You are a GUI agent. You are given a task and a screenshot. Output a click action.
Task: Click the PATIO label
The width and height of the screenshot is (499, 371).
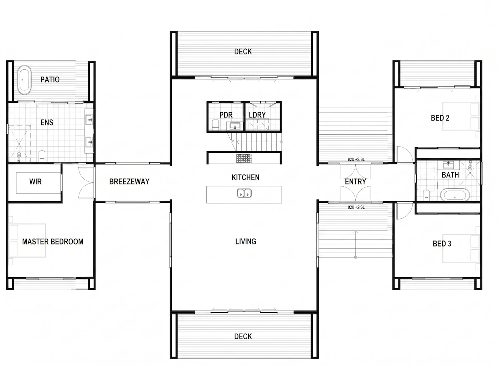(50, 80)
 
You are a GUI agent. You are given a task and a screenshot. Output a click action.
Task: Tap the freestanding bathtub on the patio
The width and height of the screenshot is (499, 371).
(24, 80)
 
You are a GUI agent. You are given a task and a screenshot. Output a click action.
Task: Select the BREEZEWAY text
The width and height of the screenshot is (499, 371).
(129, 181)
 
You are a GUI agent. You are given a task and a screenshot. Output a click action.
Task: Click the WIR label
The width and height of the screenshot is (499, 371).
(36, 181)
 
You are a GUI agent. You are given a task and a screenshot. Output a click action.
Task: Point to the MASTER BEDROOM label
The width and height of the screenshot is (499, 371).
(53, 242)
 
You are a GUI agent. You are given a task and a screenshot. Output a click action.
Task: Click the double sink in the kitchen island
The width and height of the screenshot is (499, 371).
(244, 193)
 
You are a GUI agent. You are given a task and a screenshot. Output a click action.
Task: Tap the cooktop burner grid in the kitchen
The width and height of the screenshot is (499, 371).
(244, 158)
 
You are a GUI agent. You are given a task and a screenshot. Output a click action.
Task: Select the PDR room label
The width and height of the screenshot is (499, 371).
(226, 115)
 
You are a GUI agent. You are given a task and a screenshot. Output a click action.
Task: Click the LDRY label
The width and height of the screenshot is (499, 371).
(257, 115)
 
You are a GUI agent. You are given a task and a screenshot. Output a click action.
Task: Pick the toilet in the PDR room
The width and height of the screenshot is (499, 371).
(215, 124)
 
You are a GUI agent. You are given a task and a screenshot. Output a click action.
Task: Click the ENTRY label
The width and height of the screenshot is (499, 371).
(355, 182)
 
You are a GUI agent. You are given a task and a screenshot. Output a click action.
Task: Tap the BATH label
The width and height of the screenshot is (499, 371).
(450, 175)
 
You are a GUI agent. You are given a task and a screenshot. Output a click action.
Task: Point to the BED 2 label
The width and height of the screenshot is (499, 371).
(440, 118)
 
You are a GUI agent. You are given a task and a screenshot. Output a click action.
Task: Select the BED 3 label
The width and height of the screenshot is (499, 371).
(442, 244)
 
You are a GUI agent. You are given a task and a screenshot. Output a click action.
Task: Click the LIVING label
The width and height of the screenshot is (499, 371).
(246, 242)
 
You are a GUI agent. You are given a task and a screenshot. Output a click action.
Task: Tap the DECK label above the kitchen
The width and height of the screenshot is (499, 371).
(243, 52)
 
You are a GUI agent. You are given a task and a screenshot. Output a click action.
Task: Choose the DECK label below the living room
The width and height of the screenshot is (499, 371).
(243, 336)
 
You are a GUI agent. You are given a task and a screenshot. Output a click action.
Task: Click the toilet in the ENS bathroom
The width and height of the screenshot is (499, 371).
(42, 156)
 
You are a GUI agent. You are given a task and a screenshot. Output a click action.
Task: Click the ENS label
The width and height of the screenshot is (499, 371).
(47, 122)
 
